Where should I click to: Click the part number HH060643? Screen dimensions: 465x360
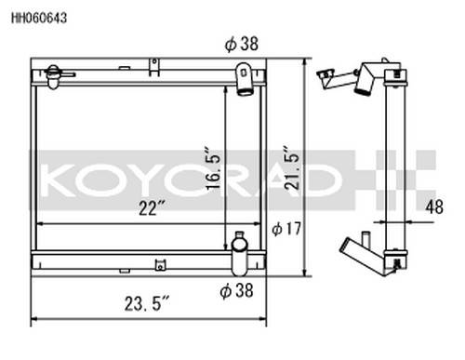pos(39,18)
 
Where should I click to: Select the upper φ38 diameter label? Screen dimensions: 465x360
pos(242,44)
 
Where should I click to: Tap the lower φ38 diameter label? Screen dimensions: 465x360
pos(236,290)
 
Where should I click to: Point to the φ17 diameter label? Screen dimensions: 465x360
pos(286,229)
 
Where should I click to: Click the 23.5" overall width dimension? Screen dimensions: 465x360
pos(147,303)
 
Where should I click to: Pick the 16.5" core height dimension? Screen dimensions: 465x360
pos(213,167)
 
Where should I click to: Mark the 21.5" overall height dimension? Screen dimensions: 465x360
pos(292,167)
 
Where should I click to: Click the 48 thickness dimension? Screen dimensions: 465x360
pos(434,207)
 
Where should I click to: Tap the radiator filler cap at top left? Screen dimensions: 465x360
pos(53,76)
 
